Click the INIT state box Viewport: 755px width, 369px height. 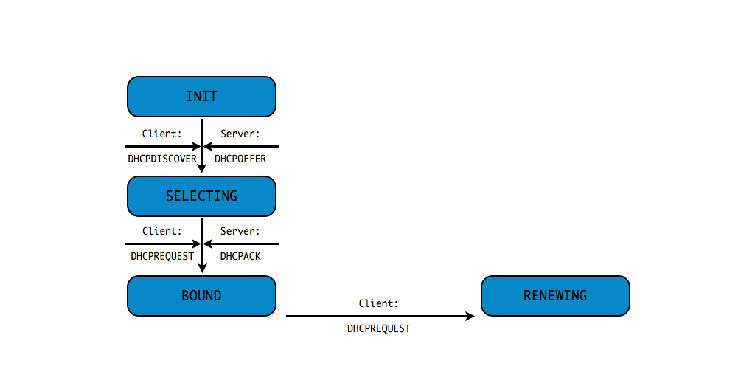201,97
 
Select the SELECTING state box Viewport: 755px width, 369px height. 201,196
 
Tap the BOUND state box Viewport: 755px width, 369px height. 201,296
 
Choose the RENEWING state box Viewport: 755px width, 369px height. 555,296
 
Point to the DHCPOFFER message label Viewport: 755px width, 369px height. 240,159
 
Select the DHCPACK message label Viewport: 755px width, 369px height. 240,256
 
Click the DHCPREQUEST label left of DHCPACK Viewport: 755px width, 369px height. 162,256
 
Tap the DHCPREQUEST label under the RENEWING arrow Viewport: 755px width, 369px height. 379,328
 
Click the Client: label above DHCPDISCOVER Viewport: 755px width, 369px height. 162,134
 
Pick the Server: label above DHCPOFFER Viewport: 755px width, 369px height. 240,134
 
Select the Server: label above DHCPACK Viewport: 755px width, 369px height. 240,231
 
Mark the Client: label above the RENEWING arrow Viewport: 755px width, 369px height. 379,303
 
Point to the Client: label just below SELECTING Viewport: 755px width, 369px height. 162,231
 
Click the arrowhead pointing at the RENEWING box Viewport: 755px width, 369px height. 470,316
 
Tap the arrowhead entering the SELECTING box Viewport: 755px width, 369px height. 201,170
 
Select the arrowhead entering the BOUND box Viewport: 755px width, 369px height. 201,269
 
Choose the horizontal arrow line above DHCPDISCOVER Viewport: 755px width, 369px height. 159,146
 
